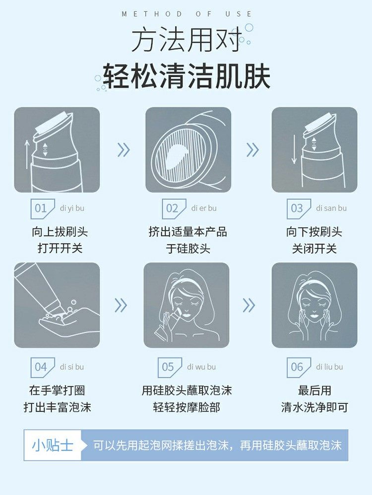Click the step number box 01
(x=41, y=208)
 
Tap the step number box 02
(x=172, y=208)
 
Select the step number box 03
(x=297, y=208)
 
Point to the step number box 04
(x=41, y=367)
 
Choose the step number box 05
(x=168, y=367)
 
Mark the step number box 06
(x=297, y=367)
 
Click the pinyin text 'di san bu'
(x=331, y=208)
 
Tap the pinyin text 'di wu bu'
(x=201, y=367)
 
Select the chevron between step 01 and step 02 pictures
(x=123, y=149)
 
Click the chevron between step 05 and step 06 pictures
(x=249, y=305)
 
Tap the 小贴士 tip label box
(x=53, y=445)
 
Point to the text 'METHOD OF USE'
(x=186, y=14)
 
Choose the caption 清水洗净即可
(x=314, y=407)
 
